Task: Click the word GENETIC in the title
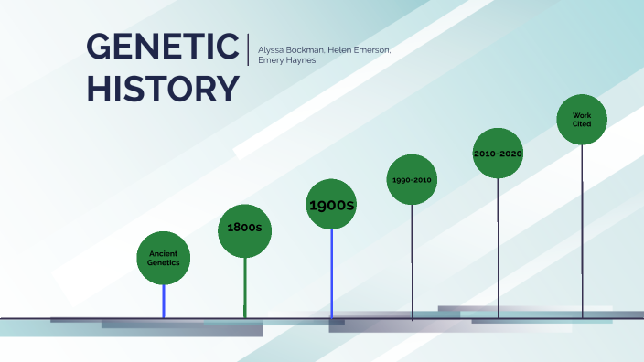(x=163, y=48)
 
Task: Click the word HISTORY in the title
(x=163, y=88)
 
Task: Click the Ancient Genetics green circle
(x=164, y=258)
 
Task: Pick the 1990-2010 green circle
(x=412, y=180)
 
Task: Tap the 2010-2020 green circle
(x=498, y=154)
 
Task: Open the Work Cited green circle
(x=582, y=120)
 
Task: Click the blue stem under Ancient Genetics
(x=164, y=302)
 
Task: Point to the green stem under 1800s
(x=245, y=288)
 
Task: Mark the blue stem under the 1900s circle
(x=331, y=274)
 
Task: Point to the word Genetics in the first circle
(x=164, y=262)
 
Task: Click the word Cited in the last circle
(x=582, y=124)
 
